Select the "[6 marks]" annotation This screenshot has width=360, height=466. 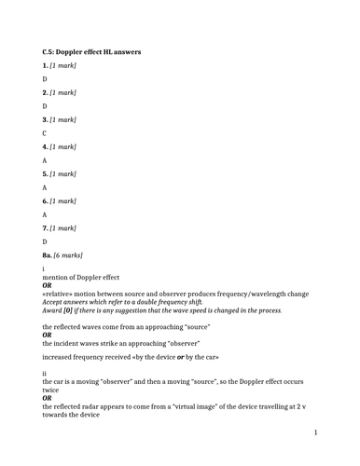coord(69,254)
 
